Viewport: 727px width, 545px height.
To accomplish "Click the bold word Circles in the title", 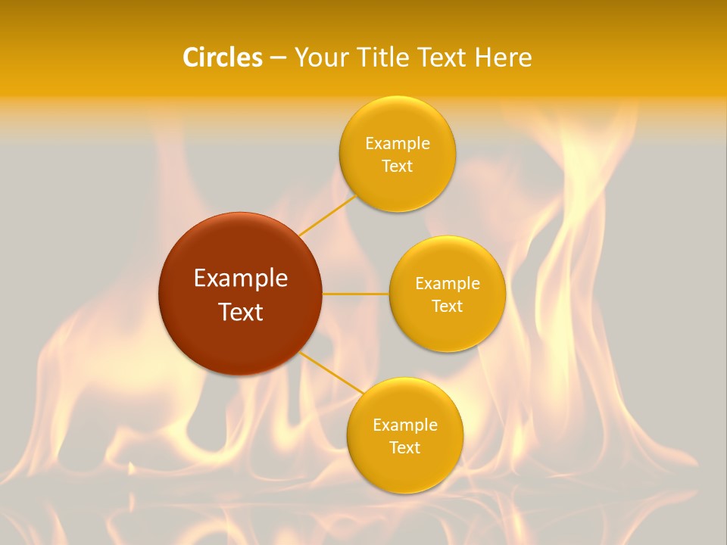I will click(223, 58).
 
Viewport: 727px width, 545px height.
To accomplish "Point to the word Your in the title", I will click(320, 58).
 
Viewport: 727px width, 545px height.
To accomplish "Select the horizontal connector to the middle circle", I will click(355, 294).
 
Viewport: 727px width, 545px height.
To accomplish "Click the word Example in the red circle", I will click(240, 279).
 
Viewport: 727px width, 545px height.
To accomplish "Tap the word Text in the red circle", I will click(240, 312).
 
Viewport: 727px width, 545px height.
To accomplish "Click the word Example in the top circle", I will click(397, 144).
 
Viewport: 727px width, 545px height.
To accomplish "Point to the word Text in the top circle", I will click(397, 167).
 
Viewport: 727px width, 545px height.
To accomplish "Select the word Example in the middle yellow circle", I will click(447, 284).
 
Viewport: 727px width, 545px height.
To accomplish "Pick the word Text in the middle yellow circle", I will click(447, 307).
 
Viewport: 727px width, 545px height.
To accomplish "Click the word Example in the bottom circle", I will click(404, 425).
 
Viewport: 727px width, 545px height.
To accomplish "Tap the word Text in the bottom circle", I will click(404, 448).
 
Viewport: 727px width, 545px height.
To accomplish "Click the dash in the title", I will click(278, 58).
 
